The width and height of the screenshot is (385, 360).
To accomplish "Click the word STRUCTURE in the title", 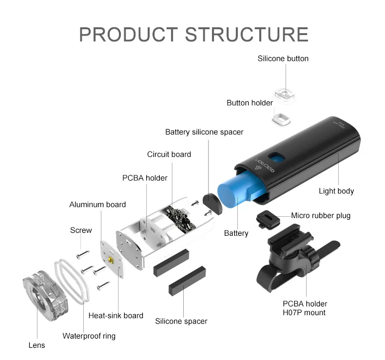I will click(x=247, y=34).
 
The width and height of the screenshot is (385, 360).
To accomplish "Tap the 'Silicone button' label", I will click(x=283, y=58).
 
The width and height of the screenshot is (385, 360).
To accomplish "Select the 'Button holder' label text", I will click(x=250, y=103).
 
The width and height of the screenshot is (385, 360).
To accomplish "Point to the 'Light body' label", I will click(x=336, y=191).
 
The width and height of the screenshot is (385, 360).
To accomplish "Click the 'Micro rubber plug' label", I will click(x=321, y=215).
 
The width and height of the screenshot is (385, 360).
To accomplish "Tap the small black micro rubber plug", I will click(x=267, y=218).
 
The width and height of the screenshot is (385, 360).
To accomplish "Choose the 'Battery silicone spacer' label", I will click(x=204, y=132).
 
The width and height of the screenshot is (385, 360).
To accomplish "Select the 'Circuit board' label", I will click(x=169, y=154).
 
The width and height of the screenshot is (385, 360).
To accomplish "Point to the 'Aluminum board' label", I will click(x=97, y=205).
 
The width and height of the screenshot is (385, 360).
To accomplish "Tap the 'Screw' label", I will click(x=81, y=230).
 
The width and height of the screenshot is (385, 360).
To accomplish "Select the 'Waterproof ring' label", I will click(x=89, y=336).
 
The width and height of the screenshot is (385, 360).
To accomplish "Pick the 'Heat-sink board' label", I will click(x=115, y=316).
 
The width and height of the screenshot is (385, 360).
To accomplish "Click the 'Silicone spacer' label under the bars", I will click(x=181, y=321).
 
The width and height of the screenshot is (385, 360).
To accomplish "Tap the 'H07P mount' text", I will click(x=305, y=312).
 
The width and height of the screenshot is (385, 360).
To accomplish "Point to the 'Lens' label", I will click(x=37, y=345).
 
